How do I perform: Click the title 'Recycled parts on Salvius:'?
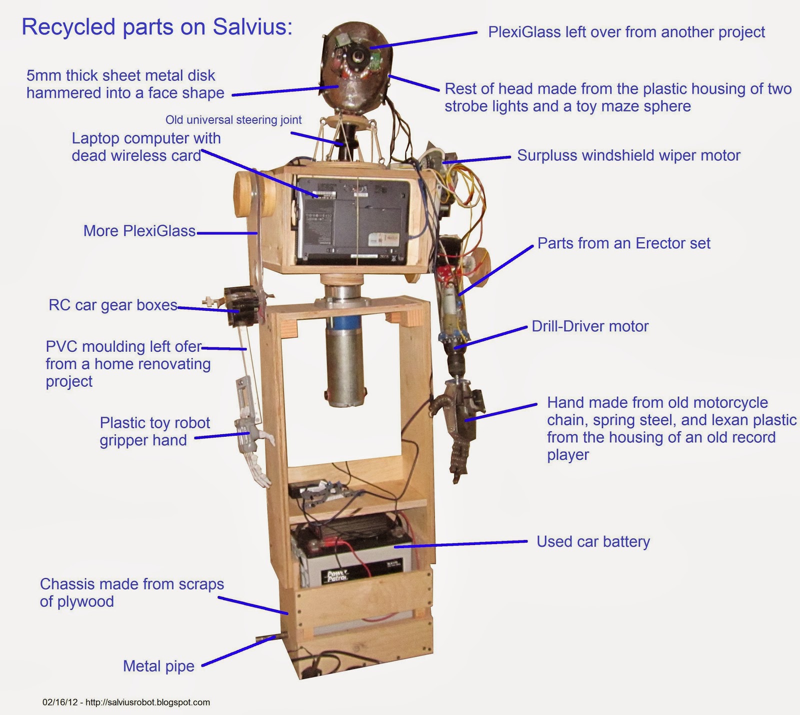156,27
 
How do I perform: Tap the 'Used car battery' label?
593,542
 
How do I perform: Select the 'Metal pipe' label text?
158,666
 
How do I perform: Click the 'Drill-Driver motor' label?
590,326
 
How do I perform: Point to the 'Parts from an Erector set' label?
623,243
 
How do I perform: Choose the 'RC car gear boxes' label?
113,305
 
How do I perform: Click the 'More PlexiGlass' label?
139,231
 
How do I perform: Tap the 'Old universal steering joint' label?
233,120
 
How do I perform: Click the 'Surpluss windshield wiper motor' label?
628,155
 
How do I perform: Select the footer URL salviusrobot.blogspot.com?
147,703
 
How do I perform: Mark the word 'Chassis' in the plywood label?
64,584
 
